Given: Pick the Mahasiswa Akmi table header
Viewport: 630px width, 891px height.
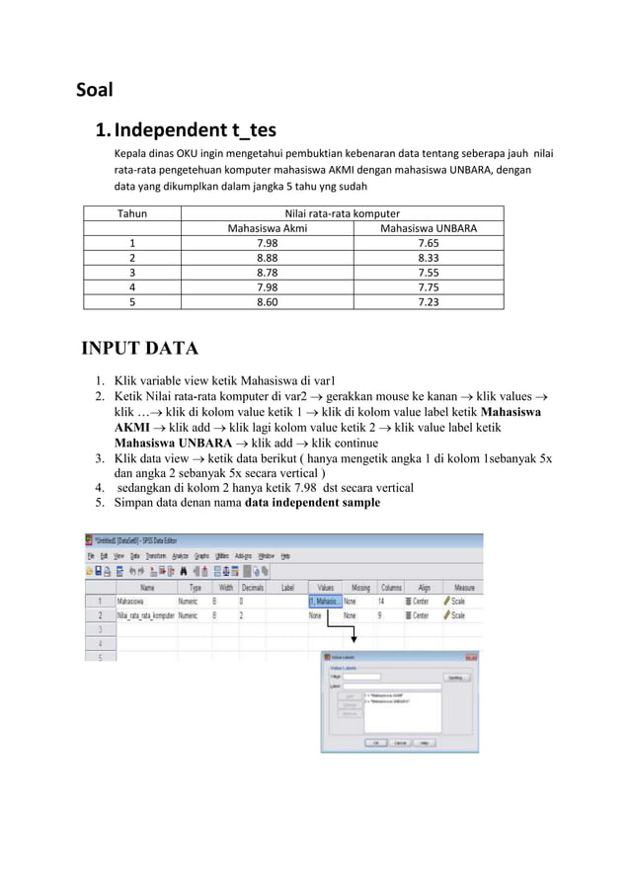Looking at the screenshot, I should (x=267, y=229).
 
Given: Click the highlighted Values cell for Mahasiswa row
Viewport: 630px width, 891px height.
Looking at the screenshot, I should (x=324, y=600).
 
